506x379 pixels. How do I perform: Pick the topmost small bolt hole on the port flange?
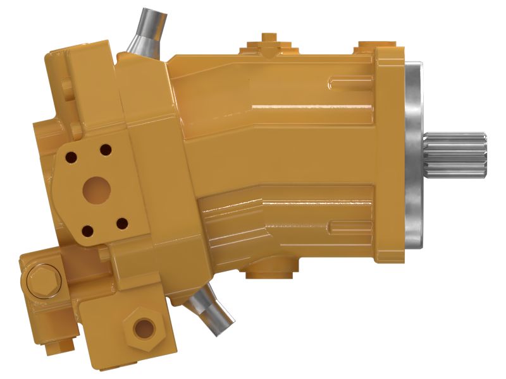tap(105, 150)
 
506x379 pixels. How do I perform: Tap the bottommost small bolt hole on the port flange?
tap(87, 231)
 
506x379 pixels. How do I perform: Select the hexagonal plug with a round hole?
tap(143, 326)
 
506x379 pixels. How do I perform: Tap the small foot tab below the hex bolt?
tap(64, 345)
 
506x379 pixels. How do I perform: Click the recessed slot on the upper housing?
tap(348, 80)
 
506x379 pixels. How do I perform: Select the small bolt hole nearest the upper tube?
tap(105, 150)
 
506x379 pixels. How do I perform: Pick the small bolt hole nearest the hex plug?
tap(122, 224)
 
